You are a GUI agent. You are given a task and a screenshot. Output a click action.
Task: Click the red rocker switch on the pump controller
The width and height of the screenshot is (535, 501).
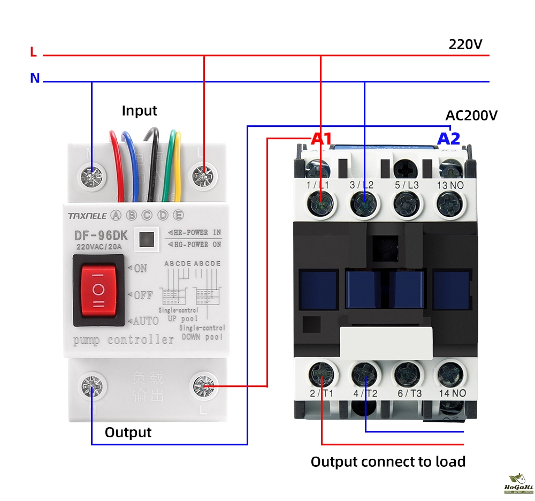click(x=99, y=290)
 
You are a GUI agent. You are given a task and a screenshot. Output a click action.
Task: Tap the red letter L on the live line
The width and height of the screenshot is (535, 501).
click(x=33, y=52)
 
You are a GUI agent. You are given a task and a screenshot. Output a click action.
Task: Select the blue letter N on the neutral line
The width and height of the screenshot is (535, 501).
click(x=35, y=78)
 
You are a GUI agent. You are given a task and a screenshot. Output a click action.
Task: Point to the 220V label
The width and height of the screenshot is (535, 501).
click(x=465, y=44)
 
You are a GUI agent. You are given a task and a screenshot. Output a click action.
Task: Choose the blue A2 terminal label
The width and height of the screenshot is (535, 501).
click(x=448, y=139)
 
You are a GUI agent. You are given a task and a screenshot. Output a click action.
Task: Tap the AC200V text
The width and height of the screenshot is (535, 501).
click(x=471, y=115)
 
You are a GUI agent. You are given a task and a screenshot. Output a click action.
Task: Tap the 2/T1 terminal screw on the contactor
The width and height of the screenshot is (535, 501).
click(x=321, y=374)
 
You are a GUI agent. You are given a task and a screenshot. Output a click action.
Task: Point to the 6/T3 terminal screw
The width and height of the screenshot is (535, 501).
click(x=408, y=374)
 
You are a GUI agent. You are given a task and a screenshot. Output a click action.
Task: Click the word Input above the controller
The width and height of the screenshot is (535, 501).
click(x=139, y=111)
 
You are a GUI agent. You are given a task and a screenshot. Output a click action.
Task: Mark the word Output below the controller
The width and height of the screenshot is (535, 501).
click(x=128, y=432)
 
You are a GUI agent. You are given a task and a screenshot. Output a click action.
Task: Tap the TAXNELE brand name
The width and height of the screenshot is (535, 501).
click(x=87, y=216)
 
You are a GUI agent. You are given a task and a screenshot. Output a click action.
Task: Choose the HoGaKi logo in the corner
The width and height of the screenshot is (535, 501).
click(x=516, y=483)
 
